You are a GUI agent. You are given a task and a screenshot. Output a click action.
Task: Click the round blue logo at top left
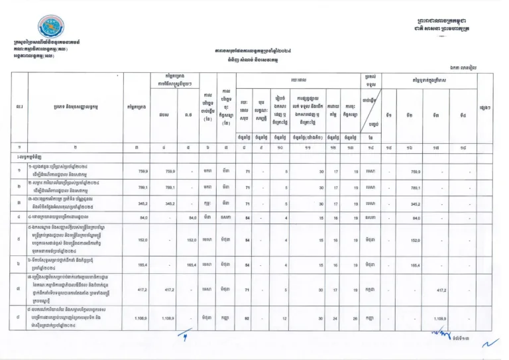[x=32, y=26]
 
